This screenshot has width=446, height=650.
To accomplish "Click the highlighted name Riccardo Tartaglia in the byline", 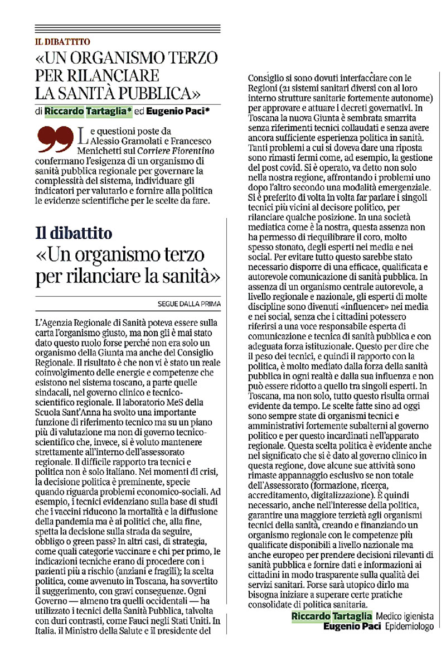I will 89,111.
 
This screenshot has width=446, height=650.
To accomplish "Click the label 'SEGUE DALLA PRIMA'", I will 190,304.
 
